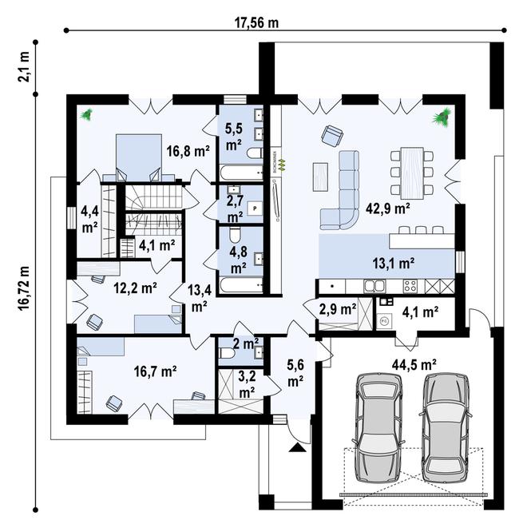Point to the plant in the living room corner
(x=441, y=118)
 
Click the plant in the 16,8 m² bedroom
(x=86, y=115)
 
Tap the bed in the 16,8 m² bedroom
(x=134, y=153)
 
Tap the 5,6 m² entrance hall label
(x=295, y=373)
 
